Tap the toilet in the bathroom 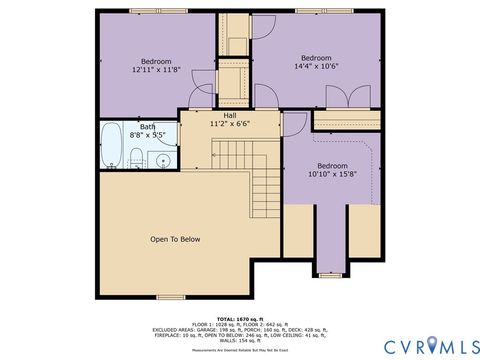click(x=135, y=155)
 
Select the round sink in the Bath click(x=163, y=158)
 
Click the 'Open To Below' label click(x=175, y=239)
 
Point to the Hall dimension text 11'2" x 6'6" click(x=230, y=124)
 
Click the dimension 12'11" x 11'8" click(x=156, y=70)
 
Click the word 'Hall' click(x=230, y=115)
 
